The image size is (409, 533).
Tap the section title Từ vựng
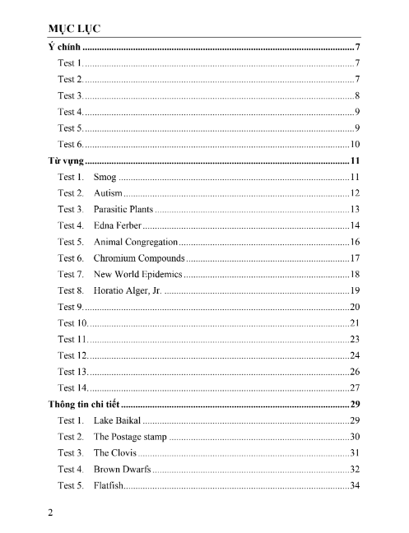67,160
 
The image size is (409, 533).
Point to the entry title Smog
105,177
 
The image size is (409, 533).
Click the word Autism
108,192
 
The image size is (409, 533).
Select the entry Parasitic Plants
123,209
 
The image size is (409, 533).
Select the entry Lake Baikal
118,420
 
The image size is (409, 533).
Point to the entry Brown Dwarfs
122,469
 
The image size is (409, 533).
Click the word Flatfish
109,485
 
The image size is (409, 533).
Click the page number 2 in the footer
51,514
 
